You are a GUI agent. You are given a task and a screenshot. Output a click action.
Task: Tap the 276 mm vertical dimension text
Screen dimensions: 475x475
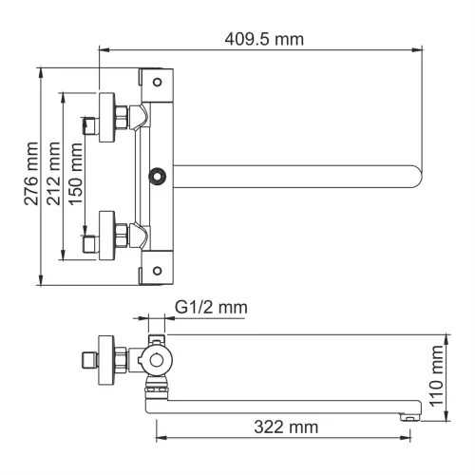(31, 175)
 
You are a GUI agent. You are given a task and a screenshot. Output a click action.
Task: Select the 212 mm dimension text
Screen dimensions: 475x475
(53, 175)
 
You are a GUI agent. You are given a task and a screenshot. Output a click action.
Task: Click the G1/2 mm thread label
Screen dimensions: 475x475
(211, 308)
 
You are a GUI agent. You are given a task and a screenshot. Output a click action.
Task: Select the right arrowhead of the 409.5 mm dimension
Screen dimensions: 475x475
(419, 53)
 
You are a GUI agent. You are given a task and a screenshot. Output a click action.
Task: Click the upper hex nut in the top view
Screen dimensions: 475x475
(123, 117)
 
